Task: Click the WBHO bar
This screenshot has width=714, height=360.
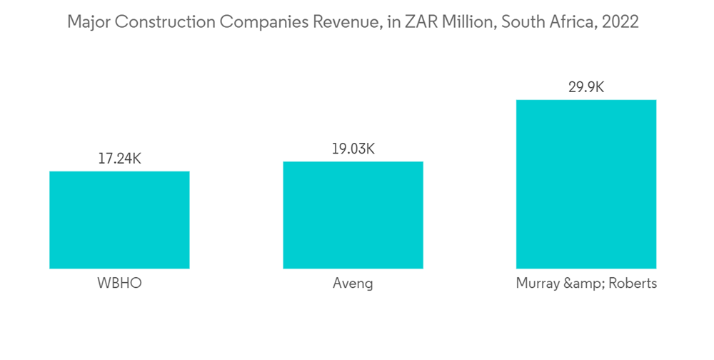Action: pos(119,220)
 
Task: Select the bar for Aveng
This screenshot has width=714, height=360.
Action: pos(353,215)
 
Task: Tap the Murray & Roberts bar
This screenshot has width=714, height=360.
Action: pos(585,184)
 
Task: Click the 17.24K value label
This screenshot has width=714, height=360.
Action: pos(119,159)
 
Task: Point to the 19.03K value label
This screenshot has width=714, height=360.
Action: pos(353,149)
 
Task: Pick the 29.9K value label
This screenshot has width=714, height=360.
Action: pos(585,87)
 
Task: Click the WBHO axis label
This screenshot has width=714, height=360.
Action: pos(119,284)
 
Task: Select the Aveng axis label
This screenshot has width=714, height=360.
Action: pos(353,284)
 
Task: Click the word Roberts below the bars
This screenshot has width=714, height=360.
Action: pos(633,284)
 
